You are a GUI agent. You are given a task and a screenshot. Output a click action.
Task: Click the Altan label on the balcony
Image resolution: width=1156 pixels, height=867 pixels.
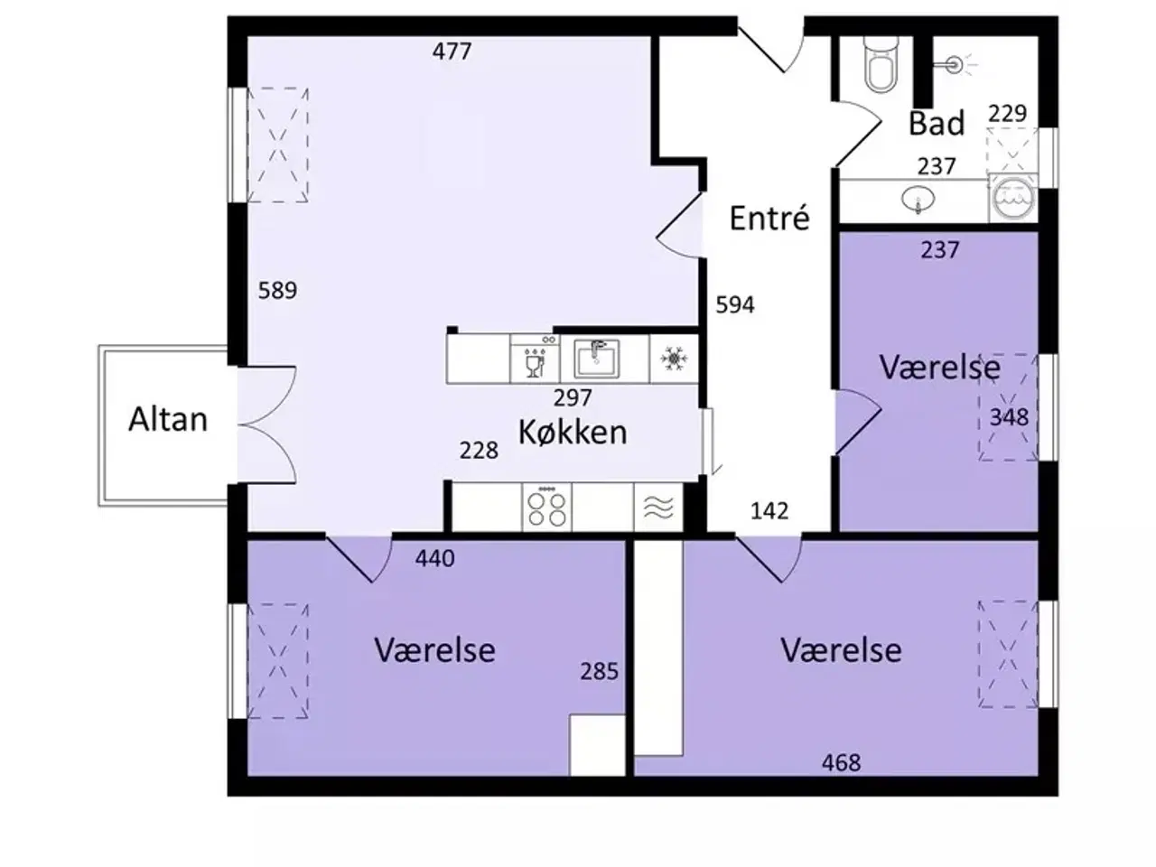168,419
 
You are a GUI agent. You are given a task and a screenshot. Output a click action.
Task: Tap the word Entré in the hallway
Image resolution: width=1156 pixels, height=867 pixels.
769,218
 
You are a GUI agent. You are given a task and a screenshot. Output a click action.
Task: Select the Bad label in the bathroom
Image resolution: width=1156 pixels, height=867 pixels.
937,123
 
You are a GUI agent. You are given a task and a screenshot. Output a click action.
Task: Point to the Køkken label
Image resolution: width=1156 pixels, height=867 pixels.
573,432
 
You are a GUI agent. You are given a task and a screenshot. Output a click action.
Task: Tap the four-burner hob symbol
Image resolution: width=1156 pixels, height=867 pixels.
547,507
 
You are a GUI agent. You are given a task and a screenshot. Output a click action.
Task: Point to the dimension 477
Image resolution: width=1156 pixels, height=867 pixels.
452,51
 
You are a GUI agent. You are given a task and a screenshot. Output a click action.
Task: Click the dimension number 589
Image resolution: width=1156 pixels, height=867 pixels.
277,290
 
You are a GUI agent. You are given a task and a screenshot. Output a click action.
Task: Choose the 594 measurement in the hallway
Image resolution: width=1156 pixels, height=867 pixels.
735,305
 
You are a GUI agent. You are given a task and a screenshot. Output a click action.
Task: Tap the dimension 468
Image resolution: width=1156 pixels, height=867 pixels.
841,763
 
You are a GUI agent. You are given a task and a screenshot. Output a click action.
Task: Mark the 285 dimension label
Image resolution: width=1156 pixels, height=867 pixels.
600,671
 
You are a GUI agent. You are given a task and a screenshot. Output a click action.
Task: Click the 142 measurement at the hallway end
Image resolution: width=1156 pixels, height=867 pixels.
769,511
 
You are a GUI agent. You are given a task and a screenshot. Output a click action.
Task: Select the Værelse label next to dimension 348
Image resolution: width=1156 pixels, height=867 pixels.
939,368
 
